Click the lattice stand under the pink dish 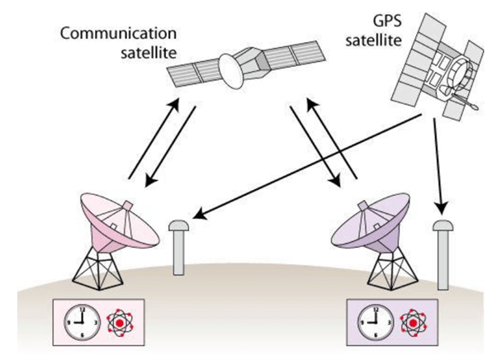(97, 263)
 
